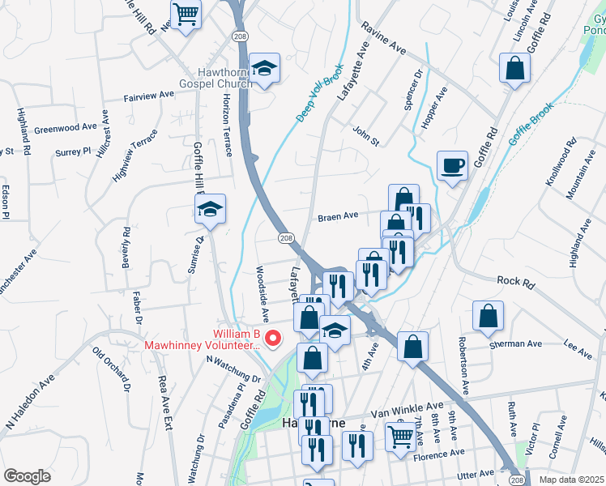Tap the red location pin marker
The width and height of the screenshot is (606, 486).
[x=273, y=339]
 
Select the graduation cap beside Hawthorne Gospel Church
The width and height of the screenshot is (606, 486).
[x=264, y=70]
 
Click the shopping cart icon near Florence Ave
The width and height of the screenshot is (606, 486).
[x=400, y=437]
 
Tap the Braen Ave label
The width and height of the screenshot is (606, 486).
[x=338, y=217]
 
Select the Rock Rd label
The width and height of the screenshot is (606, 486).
[x=516, y=282]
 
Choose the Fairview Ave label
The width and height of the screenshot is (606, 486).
[x=150, y=96]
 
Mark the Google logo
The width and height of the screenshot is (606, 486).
[x=27, y=475]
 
